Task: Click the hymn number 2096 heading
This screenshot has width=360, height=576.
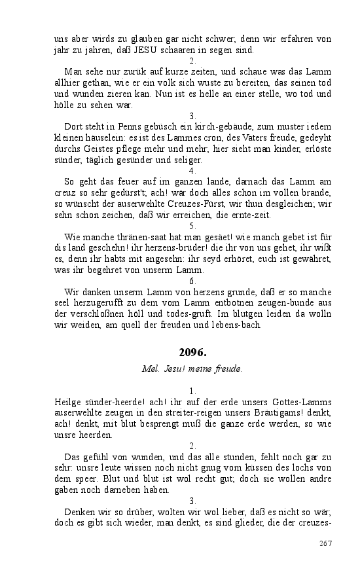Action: tap(192, 352)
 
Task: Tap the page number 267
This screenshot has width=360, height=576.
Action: tap(325, 543)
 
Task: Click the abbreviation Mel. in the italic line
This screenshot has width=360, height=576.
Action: tap(150, 369)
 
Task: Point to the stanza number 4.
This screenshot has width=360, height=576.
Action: tap(192, 171)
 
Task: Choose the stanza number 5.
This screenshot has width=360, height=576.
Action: tap(192, 226)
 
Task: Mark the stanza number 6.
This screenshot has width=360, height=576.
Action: tap(192, 281)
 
